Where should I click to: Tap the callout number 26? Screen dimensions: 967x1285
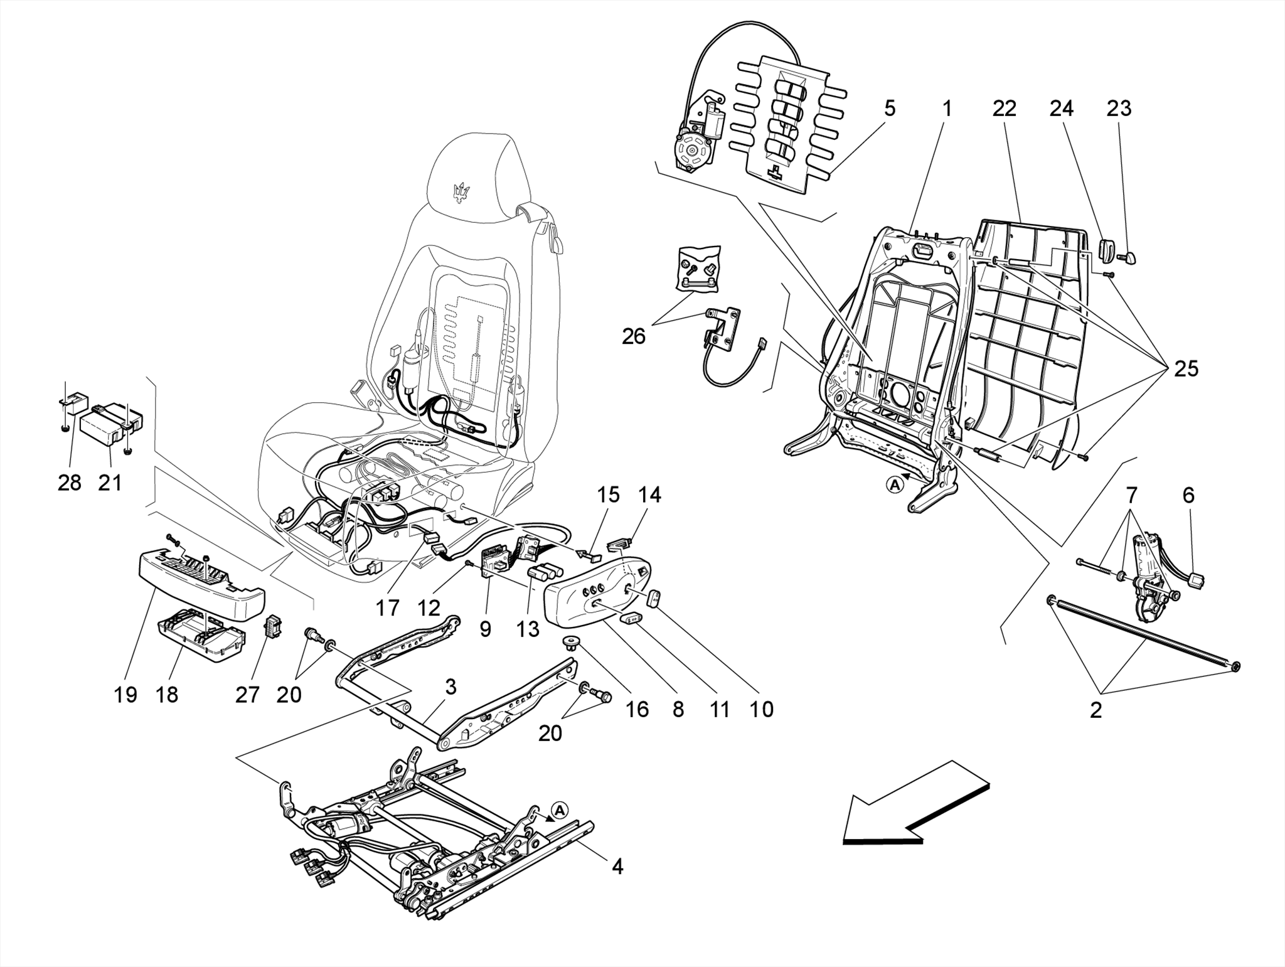pos(633,336)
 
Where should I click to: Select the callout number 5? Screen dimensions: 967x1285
pos(890,109)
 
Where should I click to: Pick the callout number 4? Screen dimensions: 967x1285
pos(617,867)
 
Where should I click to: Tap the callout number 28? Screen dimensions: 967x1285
pos(69,483)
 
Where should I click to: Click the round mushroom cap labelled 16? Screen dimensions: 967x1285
pos(570,641)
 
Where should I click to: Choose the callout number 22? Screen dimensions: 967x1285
pos(1004,109)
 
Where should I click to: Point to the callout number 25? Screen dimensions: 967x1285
pos(1186,369)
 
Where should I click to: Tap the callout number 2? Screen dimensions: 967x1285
pos(1096,710)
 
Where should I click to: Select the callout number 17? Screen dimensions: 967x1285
pos(388,607)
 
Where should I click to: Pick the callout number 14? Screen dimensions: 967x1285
pos(649,495)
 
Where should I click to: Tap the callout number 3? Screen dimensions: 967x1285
pos(451,687)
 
